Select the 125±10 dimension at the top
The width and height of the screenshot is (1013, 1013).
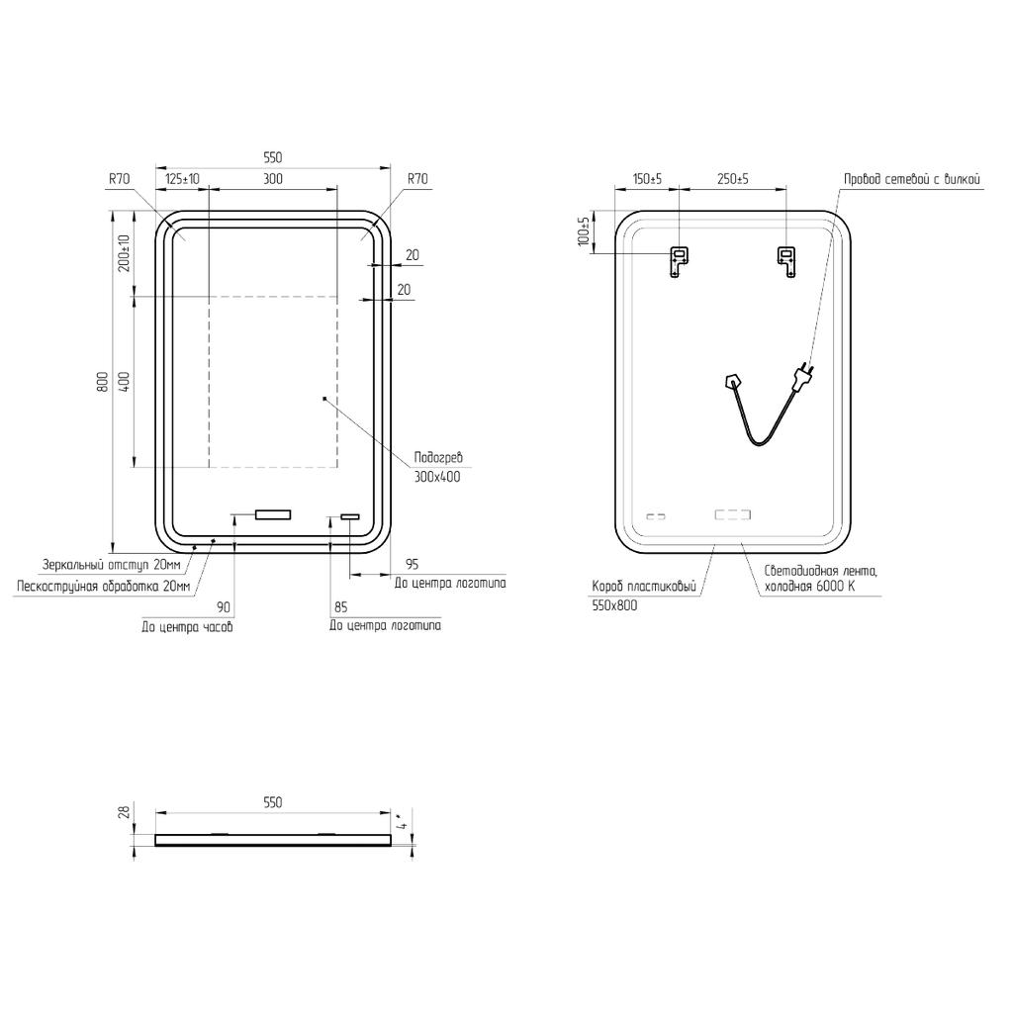(x=183, y=179)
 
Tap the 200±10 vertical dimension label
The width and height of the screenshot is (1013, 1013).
(x=125, y=253)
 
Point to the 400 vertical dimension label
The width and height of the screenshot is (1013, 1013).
(x=125, y=381)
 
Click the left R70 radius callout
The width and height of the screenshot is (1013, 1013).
(x=119, y=179)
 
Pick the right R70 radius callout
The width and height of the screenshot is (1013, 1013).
(x=417, y=179)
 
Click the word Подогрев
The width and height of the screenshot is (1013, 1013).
(x=438, y=458)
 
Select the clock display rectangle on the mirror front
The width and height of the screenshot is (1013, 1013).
(x=273, y=514)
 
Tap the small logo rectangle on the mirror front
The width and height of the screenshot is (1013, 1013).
(x=350, y=516)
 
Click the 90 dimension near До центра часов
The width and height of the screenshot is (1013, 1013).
(x=223, y=607)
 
